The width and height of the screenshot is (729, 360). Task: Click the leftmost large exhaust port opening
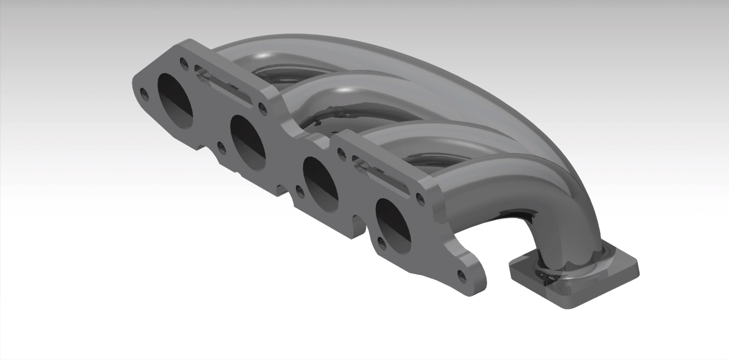[x=175, y=101]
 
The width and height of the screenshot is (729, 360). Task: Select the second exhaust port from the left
[x=248, y=142]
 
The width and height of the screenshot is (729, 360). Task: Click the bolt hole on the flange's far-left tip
[x=144, y=92]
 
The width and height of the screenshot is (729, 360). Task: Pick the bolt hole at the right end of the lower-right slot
[x=419, y=198]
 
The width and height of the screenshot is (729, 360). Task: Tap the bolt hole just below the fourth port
[x=381, y=242]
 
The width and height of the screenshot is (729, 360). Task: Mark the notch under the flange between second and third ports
[x=282, y=190]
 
